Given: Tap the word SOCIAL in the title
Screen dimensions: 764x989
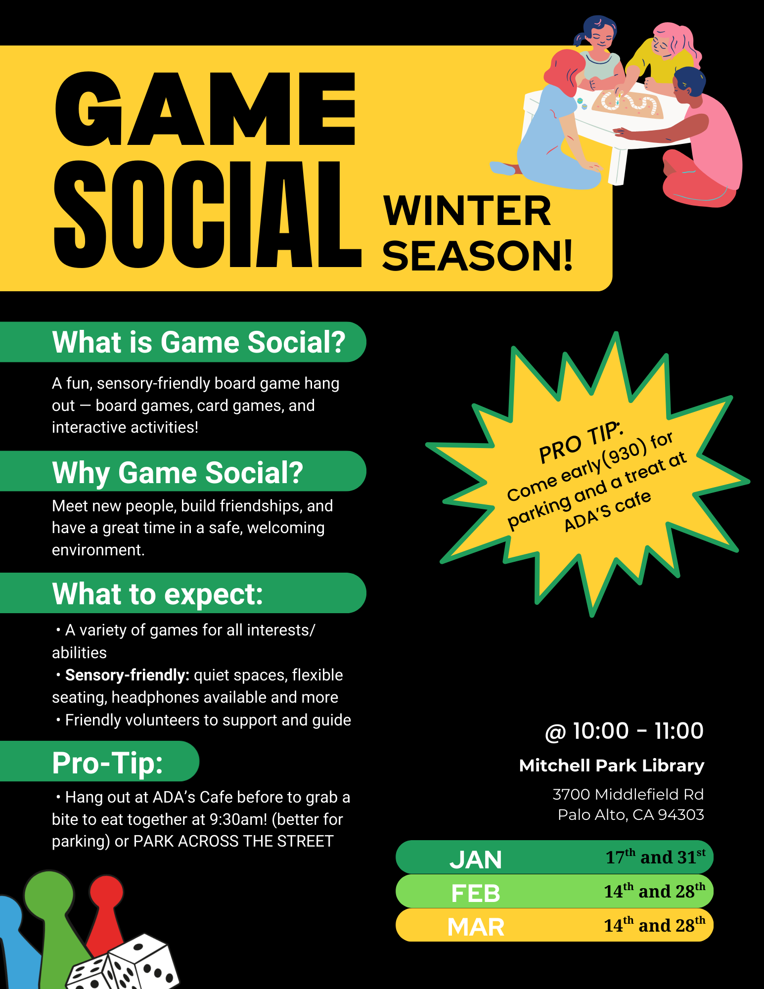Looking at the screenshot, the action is click(208, 214).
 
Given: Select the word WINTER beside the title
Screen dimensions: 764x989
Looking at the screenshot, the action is click(467, 211).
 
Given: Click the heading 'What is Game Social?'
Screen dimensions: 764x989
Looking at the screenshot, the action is click(199, 342).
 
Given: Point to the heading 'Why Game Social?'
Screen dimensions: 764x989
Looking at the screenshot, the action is click(178, 472).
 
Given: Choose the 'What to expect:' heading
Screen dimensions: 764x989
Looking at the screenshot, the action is click(157, 594).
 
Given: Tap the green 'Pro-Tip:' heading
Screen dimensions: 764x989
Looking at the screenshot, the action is click(107, 763).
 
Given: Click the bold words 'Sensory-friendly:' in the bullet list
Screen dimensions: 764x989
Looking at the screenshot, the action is click(127, 675).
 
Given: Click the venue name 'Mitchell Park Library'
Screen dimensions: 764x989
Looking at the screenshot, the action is click(612, 765).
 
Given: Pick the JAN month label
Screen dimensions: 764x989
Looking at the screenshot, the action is click(476, 860).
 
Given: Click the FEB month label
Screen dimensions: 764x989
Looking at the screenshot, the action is click(476, 894).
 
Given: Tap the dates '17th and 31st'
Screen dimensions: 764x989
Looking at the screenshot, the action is click(656, 856).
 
